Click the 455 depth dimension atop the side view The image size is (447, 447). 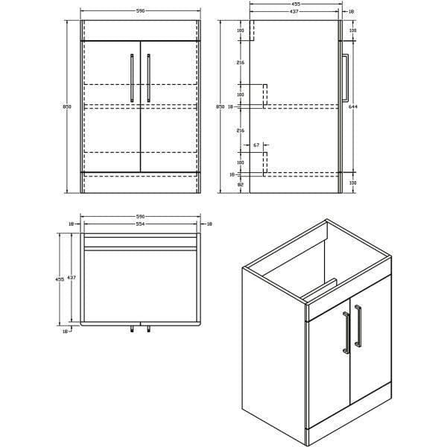point(295,4)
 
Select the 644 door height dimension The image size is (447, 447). point(352,107)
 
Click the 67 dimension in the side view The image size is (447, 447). point(256,145)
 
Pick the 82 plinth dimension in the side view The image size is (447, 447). point(241,183)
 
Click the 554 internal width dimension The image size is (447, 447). point(139,224)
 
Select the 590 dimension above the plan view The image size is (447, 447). point(139,217)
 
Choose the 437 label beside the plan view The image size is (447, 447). point(72,277)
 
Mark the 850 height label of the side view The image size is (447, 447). point(220,107)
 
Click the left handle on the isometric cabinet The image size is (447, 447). point(345,332)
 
